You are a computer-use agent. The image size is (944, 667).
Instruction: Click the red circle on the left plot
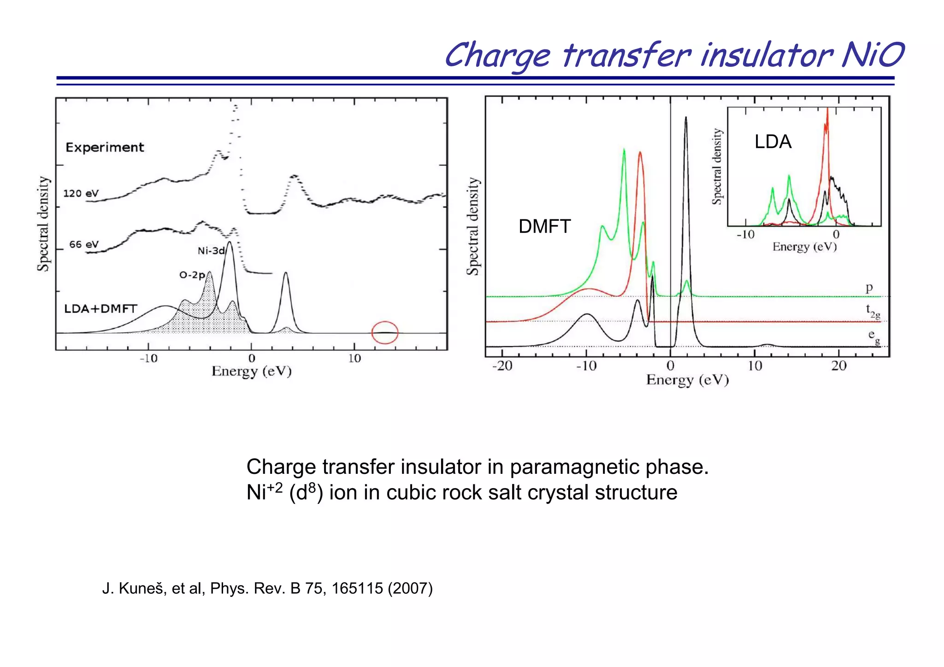pos(385,332)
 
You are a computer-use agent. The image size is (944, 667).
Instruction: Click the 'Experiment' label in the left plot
pos(105,148)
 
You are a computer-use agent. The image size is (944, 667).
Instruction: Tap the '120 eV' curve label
pos(81,194)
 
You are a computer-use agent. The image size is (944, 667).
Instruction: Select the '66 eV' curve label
pos(84,244)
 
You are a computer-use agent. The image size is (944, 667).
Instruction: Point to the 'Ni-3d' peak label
pos(211,251)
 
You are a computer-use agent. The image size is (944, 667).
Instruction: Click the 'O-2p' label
pos(192,275)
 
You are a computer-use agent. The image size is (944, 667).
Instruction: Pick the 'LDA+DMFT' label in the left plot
pos(100,309)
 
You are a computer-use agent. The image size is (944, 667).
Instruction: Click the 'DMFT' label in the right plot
pos(544,227)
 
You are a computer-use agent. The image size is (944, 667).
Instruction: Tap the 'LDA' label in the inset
pos(773,142)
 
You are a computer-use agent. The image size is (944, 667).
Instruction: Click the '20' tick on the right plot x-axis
pos(839,366)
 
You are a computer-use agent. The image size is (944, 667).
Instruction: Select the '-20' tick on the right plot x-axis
pos(502,366)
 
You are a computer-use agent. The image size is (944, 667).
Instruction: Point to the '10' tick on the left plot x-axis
pos(354,359)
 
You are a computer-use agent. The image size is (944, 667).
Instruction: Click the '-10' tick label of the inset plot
pos(745,235)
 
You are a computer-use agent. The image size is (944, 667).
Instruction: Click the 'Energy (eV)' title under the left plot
pos(252,372)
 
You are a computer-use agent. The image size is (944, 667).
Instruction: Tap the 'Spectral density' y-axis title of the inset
pos(717,166)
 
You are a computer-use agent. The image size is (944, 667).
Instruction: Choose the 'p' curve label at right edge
pos(869,288)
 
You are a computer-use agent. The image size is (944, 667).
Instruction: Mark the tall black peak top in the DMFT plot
pos(686,118)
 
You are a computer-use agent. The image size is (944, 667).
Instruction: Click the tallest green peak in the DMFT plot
pos(624,150)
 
